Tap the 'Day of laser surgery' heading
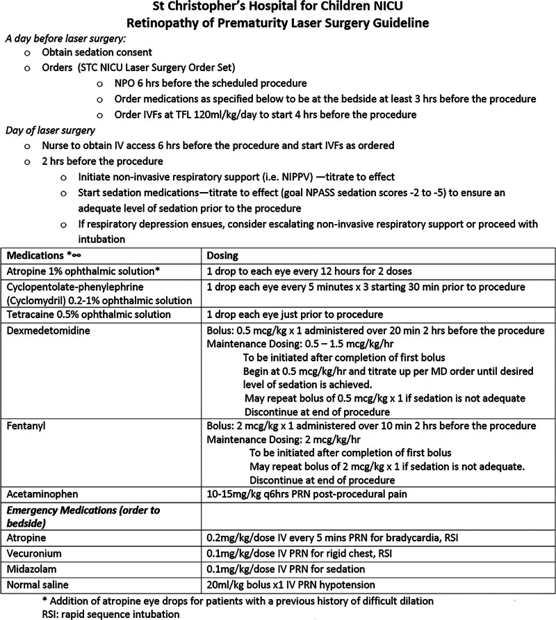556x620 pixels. [x=50, y=129]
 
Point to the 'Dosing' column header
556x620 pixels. [x=224, y=255]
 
